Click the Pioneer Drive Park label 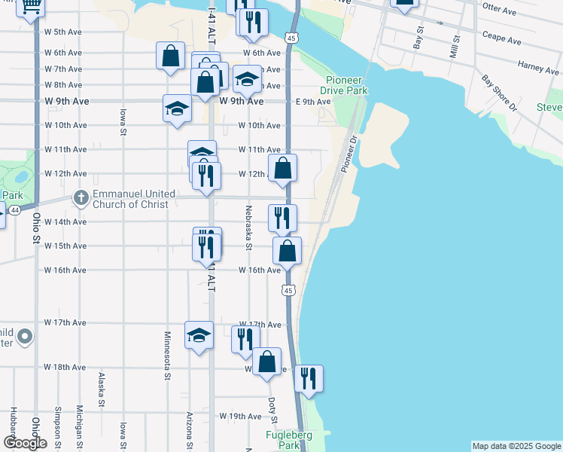point(347,85)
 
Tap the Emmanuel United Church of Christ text point(133,199)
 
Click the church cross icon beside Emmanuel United point(81,199)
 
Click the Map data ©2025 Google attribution point(516,446)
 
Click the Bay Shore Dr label point(500,92)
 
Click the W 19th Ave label point(240,416)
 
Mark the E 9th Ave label point(313,102)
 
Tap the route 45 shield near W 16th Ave point(289,289)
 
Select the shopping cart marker point(31,6)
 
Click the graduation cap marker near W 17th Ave point(199,334)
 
